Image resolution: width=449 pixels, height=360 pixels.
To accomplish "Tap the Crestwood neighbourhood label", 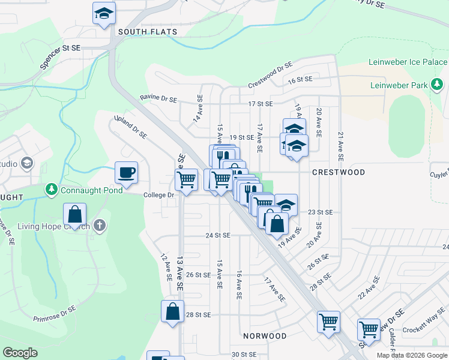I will (339, 172).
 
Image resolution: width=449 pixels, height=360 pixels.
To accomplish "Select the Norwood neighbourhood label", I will (264, 335).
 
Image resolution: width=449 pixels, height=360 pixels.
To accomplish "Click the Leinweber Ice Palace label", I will (408, 62).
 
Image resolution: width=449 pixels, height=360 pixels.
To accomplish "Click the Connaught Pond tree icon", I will (52, 190).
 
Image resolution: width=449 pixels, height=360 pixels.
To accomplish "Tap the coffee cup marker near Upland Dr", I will (126, 173).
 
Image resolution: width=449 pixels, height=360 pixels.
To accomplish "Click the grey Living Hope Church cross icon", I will (100, 226).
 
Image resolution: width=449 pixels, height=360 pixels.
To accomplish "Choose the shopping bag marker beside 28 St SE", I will (172, 311).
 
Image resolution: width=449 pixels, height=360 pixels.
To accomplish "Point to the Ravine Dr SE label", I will (158, 98).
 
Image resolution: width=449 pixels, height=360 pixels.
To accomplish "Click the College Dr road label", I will (158, 195).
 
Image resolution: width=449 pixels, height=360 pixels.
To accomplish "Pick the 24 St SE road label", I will (217, 236).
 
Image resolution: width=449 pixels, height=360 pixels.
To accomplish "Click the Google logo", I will (20, 353).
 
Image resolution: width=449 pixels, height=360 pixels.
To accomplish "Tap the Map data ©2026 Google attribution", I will (412, 355).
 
